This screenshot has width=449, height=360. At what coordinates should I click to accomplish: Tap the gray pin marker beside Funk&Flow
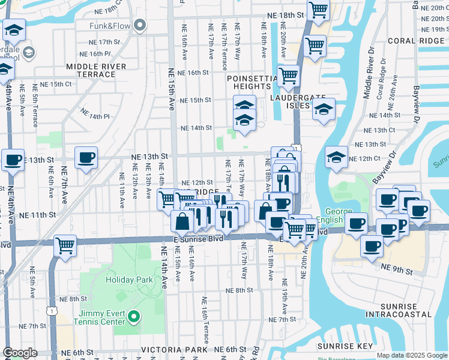pos(140,25)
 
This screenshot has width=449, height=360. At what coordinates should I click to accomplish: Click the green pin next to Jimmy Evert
pos(134,316)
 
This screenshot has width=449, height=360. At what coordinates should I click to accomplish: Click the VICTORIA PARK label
pos(175,349)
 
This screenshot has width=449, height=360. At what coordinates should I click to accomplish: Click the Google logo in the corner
pos(20,352)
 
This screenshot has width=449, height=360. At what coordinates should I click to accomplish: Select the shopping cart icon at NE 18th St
pos(318,10)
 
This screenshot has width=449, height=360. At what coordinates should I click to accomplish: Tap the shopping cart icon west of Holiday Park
pos(65,245)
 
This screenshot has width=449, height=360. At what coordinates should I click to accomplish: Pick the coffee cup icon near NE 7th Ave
pos(86,158)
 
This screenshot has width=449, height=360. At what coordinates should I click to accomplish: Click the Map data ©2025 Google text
pos(411,355)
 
